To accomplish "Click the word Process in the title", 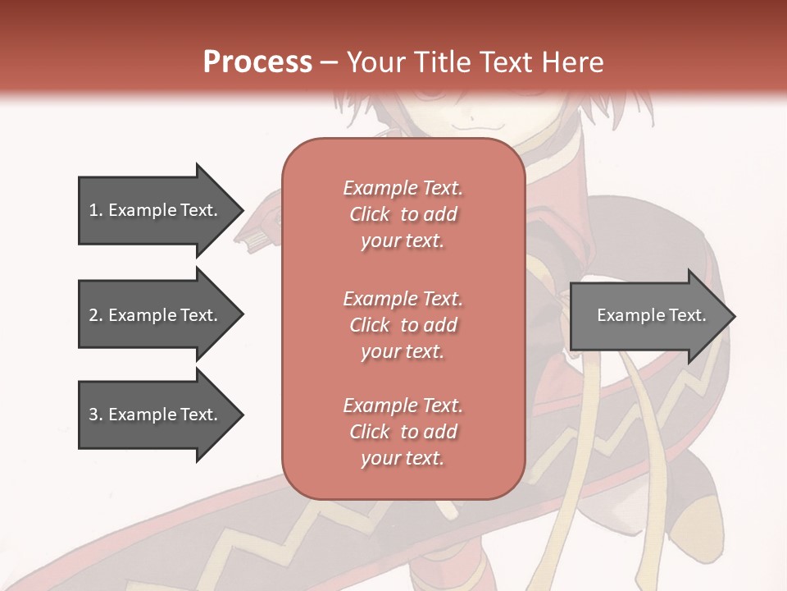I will tap(257, 62).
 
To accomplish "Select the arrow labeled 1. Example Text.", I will tap(156, 210).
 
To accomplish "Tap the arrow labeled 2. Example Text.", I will tap(156, 315).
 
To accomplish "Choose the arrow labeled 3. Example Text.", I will tap(156, 415).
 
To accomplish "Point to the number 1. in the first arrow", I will tap(96, 210).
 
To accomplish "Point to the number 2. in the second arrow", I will tap(96, 315).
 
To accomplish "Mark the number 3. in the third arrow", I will tap(96, 415).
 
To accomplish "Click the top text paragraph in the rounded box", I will tap(403, 214).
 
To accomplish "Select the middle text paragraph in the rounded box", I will tap(403, 324).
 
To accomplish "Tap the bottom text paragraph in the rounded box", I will tap(403, 432).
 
